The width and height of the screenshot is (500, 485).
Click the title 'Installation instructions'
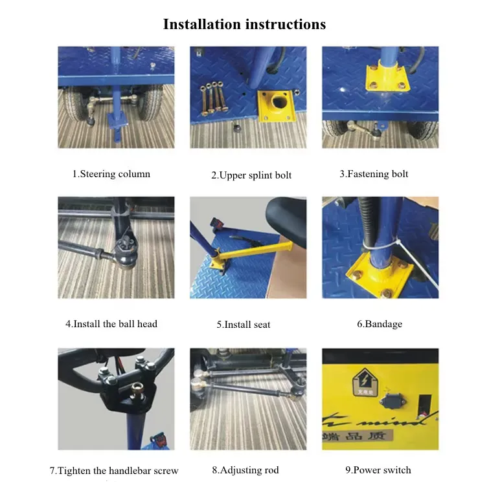[x=244, y=24]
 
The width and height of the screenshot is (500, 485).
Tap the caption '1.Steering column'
[x=111, y=174]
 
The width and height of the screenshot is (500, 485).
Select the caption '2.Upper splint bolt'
[x=251, y=175]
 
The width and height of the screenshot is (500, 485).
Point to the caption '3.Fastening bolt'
[x=374, y=174]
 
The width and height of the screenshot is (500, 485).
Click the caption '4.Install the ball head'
[x=111, y=324]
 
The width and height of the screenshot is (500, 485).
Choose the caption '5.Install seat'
[x=244, y=325]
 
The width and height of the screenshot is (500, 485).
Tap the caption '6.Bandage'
[x=380, y=324]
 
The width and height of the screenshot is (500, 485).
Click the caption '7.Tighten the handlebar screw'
[x=114, y=470]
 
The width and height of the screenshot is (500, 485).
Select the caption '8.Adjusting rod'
[x=245, y=470]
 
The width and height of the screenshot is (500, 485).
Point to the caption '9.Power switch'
[x=378, y=470]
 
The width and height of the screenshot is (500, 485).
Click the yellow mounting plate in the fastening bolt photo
[x=387, y=79]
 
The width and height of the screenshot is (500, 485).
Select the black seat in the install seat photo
[x=286, y=222]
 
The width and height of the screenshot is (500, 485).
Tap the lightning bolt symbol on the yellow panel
[x=365, y=379]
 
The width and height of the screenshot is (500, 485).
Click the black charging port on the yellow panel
[x=392, y=401]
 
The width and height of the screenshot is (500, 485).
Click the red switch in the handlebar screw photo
[x=160, y=440]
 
